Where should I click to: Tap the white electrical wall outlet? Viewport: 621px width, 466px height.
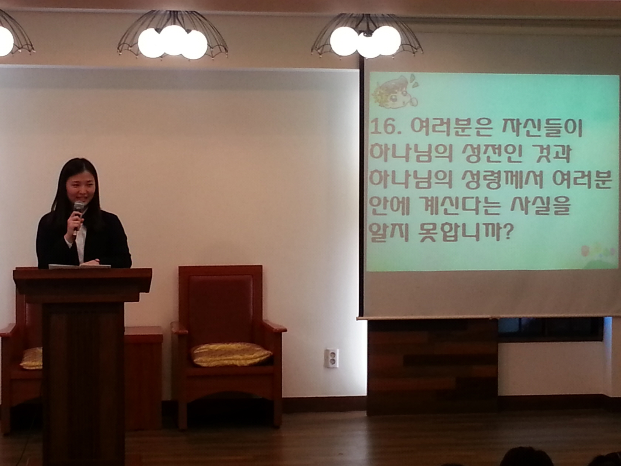(331, 358)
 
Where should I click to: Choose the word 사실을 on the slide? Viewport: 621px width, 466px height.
(540, 207)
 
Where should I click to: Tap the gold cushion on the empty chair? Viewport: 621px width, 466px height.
(232, 354)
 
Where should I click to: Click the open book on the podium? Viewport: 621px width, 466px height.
(79, 266)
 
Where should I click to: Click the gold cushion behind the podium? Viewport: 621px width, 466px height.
(31, 358)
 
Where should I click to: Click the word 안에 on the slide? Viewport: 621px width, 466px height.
(390, 207)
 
